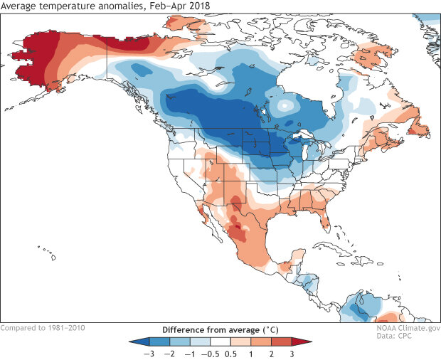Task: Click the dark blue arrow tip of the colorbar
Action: click(x=132, y=342)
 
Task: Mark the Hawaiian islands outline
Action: click(x=46, y=250)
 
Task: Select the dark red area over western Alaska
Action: click(x=32, y=57)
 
